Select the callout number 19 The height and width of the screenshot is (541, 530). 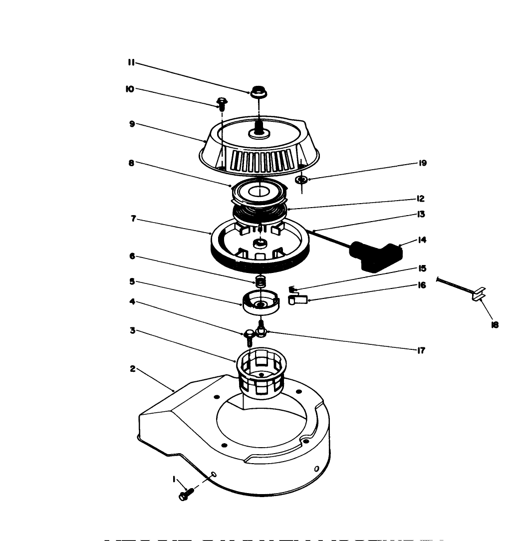pyautogui.click(x=423, y=163)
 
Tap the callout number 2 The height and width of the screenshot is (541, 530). pyautogui.click(x=133, y=369)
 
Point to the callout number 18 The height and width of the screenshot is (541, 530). pyautogui.click(x=495, y=325)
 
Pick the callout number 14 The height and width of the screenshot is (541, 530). pyautogui.click(x=422, y=240)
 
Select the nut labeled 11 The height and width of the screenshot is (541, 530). pyautogui.click(x=257, y=93)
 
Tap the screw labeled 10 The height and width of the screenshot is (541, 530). pyautogui.click(x=222, y=103)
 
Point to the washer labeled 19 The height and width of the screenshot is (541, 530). pyautogui.click(x=301, y=179)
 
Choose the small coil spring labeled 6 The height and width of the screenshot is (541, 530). pyautogui.click(x=260, y=281)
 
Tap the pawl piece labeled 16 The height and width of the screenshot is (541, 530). pyautogui.click(x=298, y=299)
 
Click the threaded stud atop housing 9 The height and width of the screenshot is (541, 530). pyautogui.click(x=259, y=125)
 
